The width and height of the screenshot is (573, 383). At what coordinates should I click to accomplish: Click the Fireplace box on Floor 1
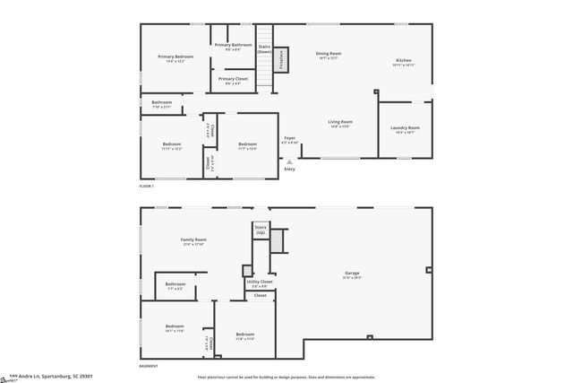point(281,60)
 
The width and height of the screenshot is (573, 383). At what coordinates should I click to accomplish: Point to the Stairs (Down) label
point(264,49)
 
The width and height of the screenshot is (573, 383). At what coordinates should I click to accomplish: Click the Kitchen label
point(404,63)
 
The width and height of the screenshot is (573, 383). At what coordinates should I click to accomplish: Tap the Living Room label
point(339,124)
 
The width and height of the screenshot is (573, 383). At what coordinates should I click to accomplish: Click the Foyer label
point(289,139)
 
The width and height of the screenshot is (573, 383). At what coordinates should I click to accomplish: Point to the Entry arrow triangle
point(288,160)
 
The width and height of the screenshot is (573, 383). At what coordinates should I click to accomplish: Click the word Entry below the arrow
point(289,169)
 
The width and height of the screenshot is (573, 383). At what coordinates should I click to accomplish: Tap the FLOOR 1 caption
point(147,186)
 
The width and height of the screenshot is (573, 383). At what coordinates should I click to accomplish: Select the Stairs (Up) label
point(261,230)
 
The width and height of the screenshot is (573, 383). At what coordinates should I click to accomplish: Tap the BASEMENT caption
point(150,367)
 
